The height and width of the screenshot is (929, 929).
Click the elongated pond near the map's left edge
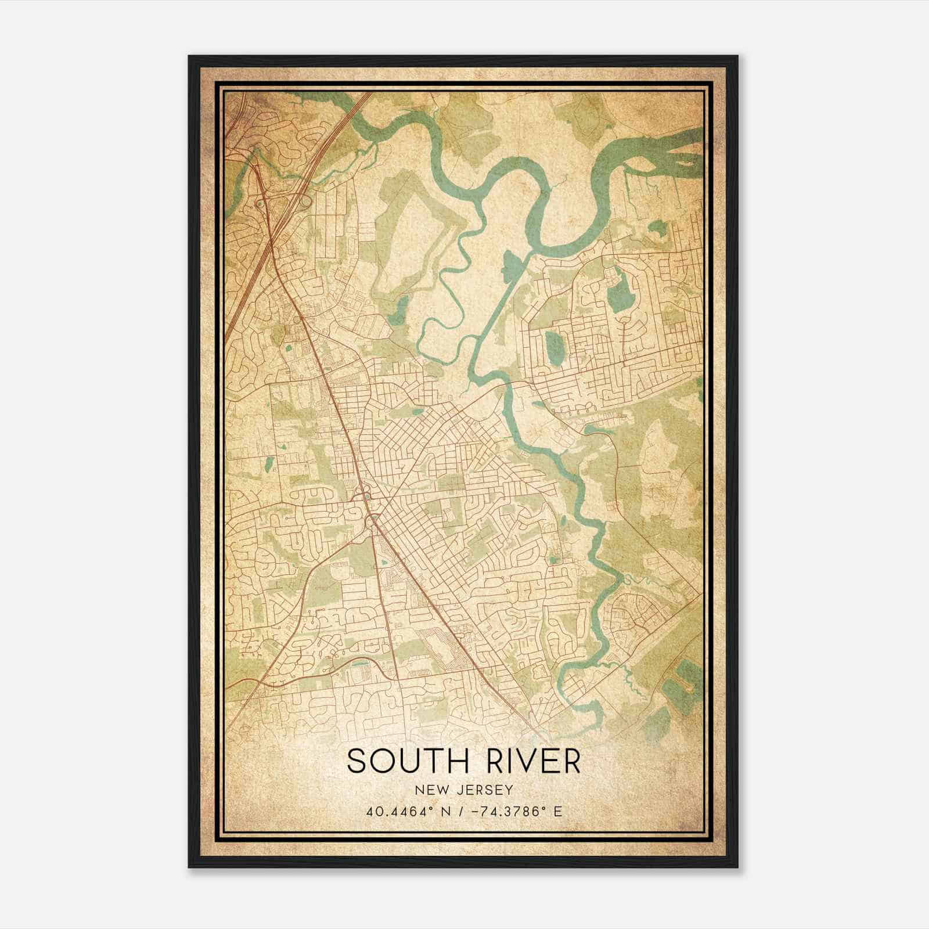coord(269,465)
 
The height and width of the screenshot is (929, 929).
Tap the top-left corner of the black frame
coord(190,57)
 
